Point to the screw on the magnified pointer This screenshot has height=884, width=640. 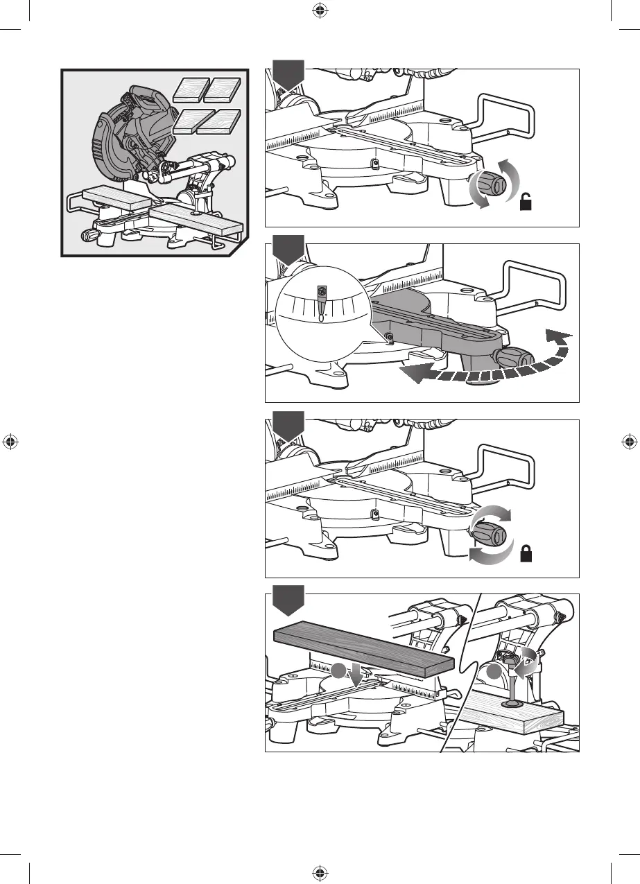(x=321, y=292)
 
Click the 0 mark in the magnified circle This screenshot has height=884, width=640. (x=322, y=318)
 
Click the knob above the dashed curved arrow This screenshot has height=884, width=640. (x=514, y=358)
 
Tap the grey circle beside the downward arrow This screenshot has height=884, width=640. (x=338, y=670)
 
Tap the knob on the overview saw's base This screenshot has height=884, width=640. (x=89, y=236)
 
